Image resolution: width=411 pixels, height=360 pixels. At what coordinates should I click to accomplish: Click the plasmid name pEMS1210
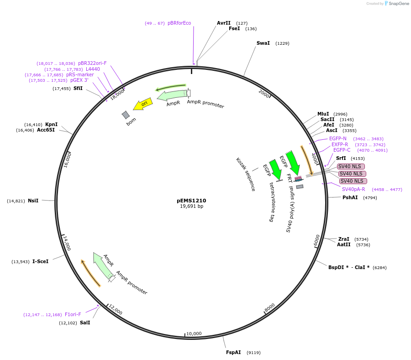pyautogui.click(x=191, y=201)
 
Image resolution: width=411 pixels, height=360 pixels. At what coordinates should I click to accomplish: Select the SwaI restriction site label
pyautogui.click(x=263, y=43)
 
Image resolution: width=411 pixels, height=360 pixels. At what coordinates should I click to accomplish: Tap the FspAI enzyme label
pyautogui.click(x=233, y=352)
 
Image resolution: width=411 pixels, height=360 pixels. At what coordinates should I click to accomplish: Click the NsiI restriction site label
pyautogui.click(x=33, y=201)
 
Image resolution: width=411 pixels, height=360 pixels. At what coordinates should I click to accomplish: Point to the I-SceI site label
pyautogui.click(x=40, y=261)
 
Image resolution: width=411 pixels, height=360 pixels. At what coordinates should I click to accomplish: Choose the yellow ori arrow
pyautogui.click(x=143, y=104)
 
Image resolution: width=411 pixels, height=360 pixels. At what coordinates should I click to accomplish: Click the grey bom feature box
pyautogui.click(x=126, y=115)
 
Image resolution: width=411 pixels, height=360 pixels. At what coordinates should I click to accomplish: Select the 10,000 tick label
pyautogui.click(x=194, y=334)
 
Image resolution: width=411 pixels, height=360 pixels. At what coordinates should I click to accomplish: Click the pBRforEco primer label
pyautogui.click(x=179, y=23)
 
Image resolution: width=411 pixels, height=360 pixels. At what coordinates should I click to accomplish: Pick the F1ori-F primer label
pyautogui.click(x=73, y=314)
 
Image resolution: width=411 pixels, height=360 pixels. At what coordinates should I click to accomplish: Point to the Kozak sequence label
pyautogui.click(x=246, y=174)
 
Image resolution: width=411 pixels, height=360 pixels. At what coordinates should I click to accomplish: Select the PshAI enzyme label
pyautogui.click(x=350, y=197)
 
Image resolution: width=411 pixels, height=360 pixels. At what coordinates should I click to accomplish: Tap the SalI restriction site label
pyautogui.click(x=85, y=323)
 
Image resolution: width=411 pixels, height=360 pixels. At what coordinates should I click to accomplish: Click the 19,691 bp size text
pyautogui.click(x=191, y=206)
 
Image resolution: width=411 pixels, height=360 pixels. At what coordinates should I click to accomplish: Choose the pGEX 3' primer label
pyautogui.click(x=79, y=80)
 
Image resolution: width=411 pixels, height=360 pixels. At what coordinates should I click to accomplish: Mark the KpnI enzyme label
pyautogui.click(x=51, y=124)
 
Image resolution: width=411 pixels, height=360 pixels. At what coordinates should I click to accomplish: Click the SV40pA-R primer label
pyautogui.click(x=353, y=189)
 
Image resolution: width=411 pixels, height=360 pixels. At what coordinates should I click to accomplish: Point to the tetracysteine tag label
pyautogui.click(x=272, y=202)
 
